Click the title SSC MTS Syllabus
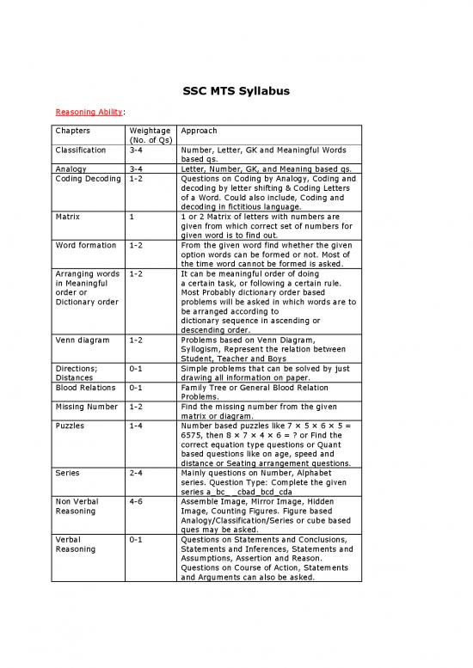pos(236,92)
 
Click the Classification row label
pos(81,150)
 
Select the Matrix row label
pos(67,218)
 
